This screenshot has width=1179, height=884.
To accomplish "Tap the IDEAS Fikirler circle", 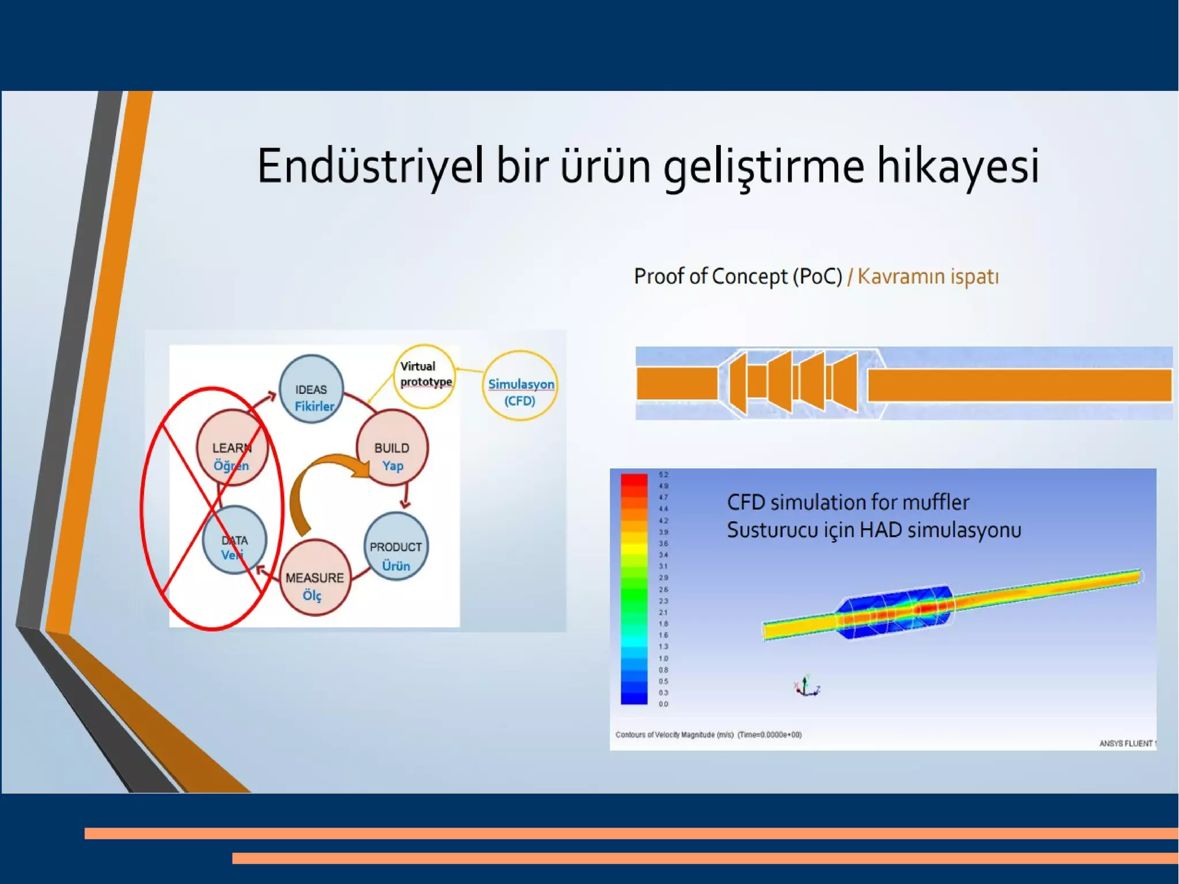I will (311, 389).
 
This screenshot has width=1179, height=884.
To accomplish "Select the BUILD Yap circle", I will (392, 448).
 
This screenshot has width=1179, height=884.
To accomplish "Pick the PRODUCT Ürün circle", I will (396, 547).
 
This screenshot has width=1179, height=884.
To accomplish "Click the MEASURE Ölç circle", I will (315, 578).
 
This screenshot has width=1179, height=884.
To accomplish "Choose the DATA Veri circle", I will (234, 541).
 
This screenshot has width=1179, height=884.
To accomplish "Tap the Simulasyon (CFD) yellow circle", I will (520, 386).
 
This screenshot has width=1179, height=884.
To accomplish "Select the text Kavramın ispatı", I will (928, 276).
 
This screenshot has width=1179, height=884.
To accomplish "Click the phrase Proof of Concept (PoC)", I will (738, 276).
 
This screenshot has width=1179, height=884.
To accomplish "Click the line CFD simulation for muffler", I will (848, 502).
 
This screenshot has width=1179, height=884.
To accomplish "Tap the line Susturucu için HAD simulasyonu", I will (873, 530).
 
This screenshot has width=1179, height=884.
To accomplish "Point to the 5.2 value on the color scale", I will (663, 475).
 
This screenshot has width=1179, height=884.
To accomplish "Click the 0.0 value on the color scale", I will (663, 704).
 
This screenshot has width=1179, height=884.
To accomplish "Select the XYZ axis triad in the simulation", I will (807, 686).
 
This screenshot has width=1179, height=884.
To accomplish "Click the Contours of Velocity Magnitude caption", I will (708, 735).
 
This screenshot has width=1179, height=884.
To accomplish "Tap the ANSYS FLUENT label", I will (1126, 743).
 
